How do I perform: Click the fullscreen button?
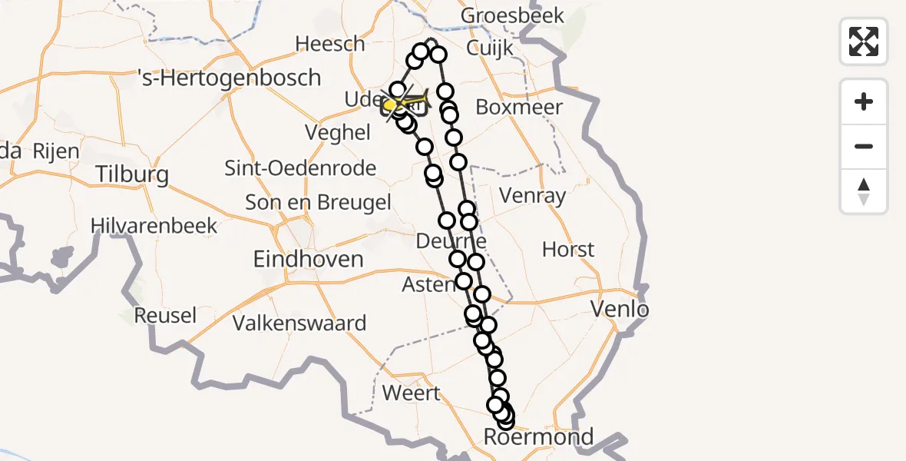(x=864, y=41)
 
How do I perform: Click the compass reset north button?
(x=864, y=191)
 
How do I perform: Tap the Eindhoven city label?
(x=308, y=259)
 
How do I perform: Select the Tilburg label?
(x=132, y=174)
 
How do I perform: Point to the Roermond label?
(x=538, y=437)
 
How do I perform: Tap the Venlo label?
(x=620, y=310)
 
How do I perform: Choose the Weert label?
(x=411, y=393)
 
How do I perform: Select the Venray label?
(x=532, y=196)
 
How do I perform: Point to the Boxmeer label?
(x=519, y=107)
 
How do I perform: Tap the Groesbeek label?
(x=512, y=15)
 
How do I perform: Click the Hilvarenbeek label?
(x=154, y=226)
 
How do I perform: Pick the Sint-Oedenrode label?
(x=300, y=167)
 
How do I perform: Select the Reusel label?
(x=165, y=315)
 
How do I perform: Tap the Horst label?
(x=568, y=249)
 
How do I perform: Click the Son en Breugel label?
(x=318, y=202)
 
